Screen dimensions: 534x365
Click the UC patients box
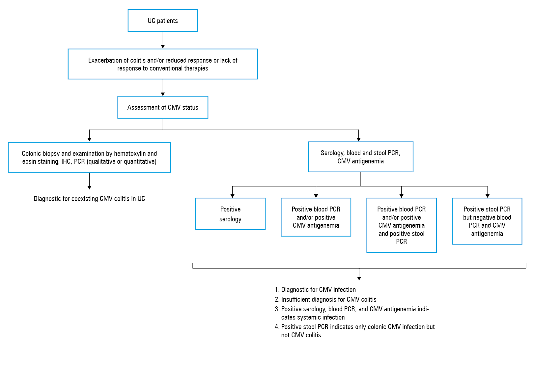coord(163,20)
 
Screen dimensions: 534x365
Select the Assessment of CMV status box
coord(163,107)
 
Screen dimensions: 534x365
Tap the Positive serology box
coord(230,214)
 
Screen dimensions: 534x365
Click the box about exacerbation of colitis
coord(163,64)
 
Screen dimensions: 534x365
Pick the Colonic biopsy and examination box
coord(89,157)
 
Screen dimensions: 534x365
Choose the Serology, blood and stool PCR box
coord(360,157)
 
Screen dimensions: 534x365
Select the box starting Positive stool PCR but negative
coord(487,221)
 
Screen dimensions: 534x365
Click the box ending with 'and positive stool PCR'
coord(402,225)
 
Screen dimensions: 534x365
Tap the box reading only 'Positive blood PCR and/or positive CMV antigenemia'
coord(316,217)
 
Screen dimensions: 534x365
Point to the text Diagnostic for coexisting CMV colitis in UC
coord(89,199)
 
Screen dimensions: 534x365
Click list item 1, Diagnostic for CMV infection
coord(315,290)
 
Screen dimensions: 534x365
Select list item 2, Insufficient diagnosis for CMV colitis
coord(325,299)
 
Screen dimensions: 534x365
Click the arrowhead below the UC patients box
coord(163,46)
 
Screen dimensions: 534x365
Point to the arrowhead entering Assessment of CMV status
coord(163,94)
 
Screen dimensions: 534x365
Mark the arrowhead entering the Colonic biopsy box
coord(89,139)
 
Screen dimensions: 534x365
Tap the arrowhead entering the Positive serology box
coord(233,196)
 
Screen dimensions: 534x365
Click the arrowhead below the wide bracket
coord(359,278)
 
